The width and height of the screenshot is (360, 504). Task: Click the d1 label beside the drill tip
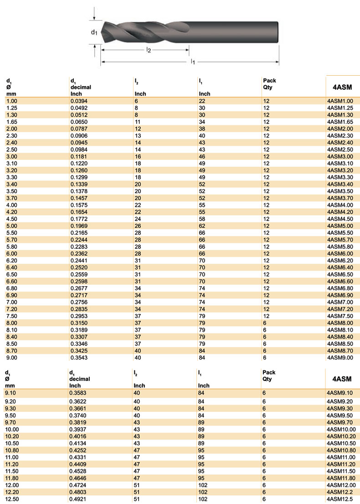click(93, 32)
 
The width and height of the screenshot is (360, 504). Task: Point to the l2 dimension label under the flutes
click(149, 50)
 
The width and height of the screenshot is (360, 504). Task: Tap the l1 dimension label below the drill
click(193, 62)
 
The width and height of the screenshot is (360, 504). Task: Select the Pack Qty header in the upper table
click(269, 83)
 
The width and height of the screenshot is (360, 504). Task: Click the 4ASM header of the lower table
click(342, 379)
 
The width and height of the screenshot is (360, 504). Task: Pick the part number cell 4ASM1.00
click(340, 101)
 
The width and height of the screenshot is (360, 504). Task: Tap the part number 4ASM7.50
click(340, 316)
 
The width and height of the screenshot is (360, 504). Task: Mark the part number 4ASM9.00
click(340, 358)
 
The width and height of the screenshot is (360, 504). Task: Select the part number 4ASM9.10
click(340, 392)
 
